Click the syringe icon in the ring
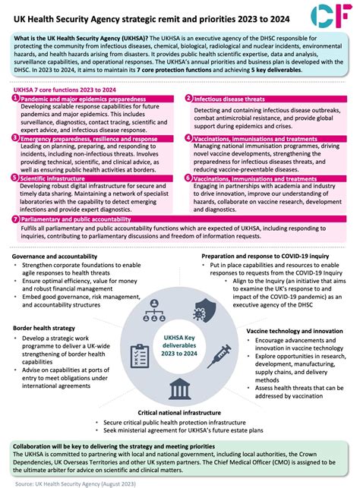pyautogui.click(x=218, y=354)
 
